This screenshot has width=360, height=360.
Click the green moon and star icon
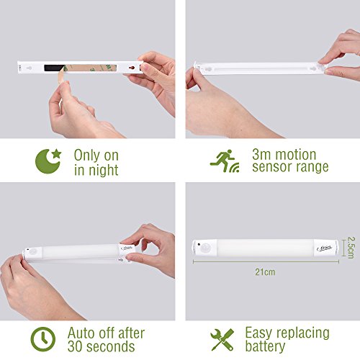(48, 161)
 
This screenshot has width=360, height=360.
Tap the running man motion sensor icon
(225, 161)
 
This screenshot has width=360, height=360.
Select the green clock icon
(43, 339)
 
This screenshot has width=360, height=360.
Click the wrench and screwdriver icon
(222, 339)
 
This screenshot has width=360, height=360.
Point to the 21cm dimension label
(265, 272)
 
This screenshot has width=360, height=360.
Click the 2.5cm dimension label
(351, 248)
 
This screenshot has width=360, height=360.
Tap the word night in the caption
(104, 171)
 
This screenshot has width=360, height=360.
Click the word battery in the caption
(265, 346)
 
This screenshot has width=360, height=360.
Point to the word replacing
(303, 333)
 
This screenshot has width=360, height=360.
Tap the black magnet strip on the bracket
(55, 68)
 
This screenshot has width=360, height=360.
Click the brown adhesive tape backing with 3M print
(91, 68)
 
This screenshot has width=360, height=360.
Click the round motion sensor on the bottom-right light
(206, 248)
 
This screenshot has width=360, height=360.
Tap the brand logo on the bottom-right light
(324, 248)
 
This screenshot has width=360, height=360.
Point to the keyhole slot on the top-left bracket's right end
(132, 68)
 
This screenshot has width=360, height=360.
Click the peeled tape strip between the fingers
(61, 75)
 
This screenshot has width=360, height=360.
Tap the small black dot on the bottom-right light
(199, 244)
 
